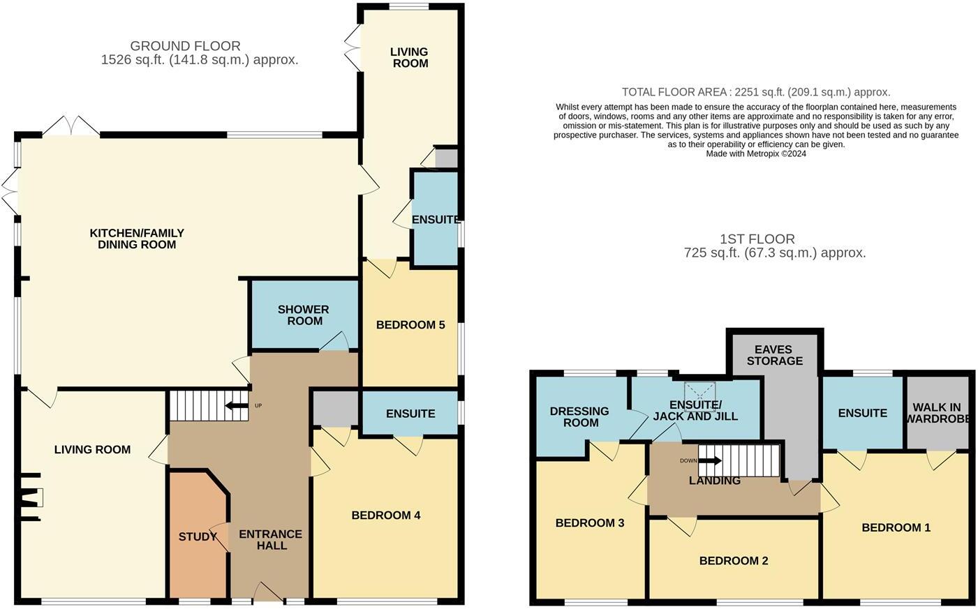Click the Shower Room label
pos(303,315)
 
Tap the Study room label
pos(198,537)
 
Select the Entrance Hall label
pos(271,540)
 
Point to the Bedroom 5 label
pos(410,325)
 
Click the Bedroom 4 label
pos(386,516)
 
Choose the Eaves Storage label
pos(774,355)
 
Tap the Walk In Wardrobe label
pos(938,413)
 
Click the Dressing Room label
pos(579,417)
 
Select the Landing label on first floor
pos(714,481)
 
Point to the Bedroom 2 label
pos(734,561)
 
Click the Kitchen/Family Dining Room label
pos(137,239)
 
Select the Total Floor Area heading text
pos(756,92)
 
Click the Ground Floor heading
pos(185,47)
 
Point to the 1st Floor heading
pos(757,239)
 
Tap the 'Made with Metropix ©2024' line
pos(756,154)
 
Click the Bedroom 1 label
pos(896,528)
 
